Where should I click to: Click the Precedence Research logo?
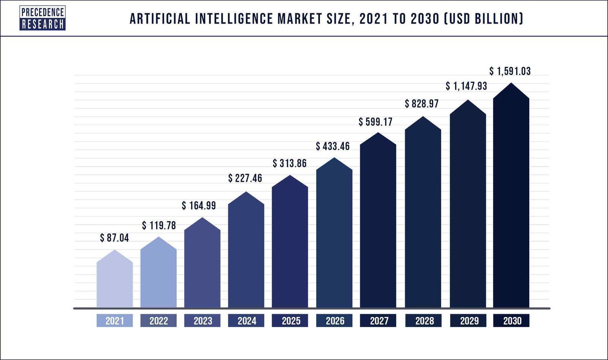click(43, 18)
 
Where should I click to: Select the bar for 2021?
click(115, 283)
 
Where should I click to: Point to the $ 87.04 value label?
click(114, 238)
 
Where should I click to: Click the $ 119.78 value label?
click(159, 225)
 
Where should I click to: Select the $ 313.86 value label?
click(290, 163)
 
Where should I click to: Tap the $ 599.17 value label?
click(375, 122)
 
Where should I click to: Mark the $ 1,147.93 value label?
click(466, 86)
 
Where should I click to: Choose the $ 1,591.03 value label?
click(510, 71)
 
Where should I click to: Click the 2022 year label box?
click(158, 321)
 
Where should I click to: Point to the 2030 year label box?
click(511, 321)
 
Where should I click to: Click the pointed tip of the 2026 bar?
click(334, 159)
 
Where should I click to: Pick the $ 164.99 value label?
click(199, 206)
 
